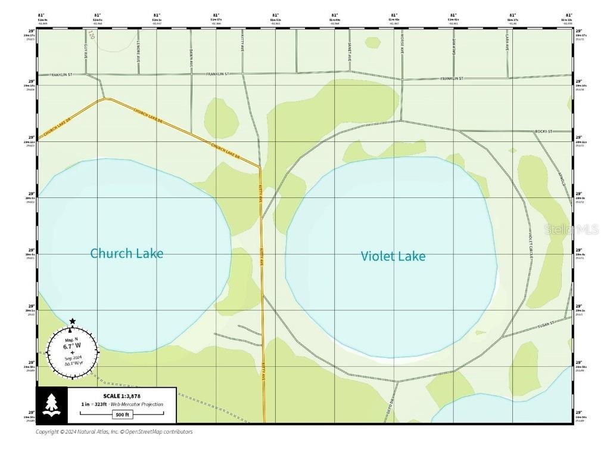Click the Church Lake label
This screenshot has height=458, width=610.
click(126, 253)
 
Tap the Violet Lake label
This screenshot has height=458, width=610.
click(393, 256)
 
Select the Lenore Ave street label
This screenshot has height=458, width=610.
click(139, 54)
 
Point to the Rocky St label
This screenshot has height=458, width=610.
click(543, 131)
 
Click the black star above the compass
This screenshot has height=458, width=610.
click(72, 321)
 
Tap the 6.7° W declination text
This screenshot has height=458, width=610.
click(72, 345)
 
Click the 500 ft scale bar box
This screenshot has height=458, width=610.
click(121, 414)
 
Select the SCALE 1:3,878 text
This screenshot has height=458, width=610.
click(122, 396)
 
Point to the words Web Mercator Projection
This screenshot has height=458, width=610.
click(137, 404)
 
